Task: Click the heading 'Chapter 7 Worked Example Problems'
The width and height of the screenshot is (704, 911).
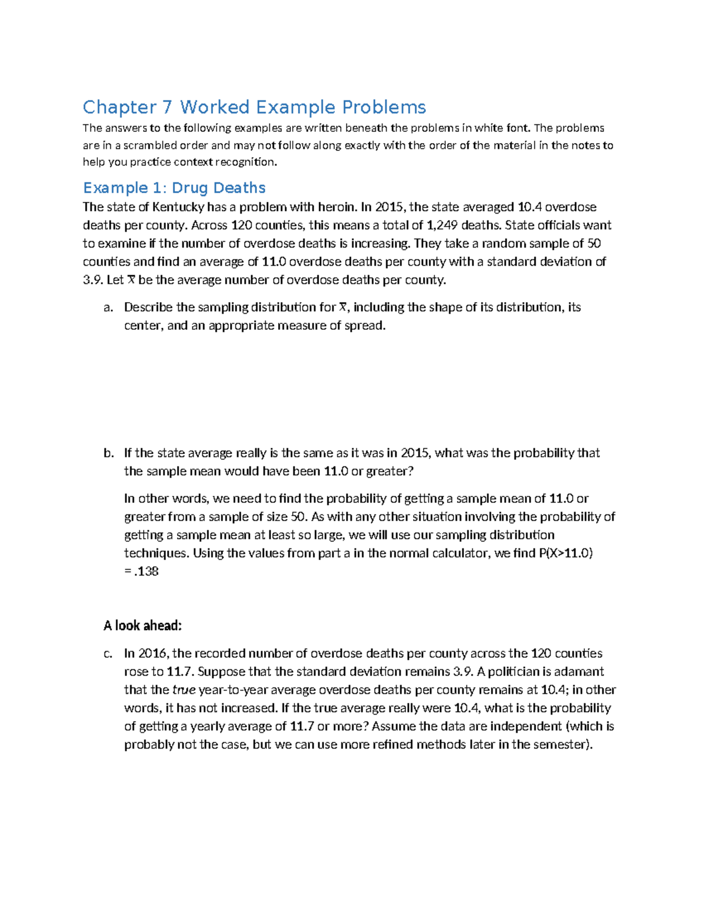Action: (254, 107)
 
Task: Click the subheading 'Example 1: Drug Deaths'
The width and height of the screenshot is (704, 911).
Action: (174, 188)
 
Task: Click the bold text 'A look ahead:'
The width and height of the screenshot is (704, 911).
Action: (143, 626)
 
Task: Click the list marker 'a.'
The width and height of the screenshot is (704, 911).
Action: (107, 307)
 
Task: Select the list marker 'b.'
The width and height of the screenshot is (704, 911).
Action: (108, 453)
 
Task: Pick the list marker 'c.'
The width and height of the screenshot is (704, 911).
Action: (107, 653)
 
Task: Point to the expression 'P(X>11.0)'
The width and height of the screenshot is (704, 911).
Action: (565, 553)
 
